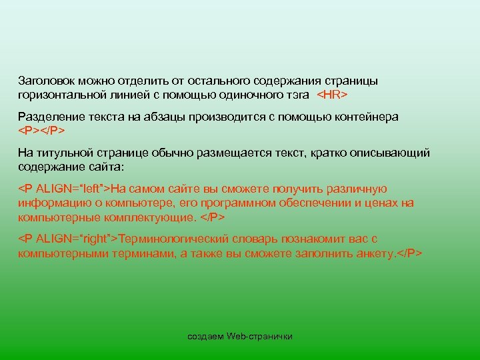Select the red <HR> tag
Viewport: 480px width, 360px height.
pyautogui.click(x=331, y=95)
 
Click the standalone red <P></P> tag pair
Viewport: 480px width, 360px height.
pyautogui.click(x=41, y=131)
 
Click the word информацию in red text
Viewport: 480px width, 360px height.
pyautogui.click(x=51, y=203)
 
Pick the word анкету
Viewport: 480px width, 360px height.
pyautogui.click(x=375, y=253)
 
